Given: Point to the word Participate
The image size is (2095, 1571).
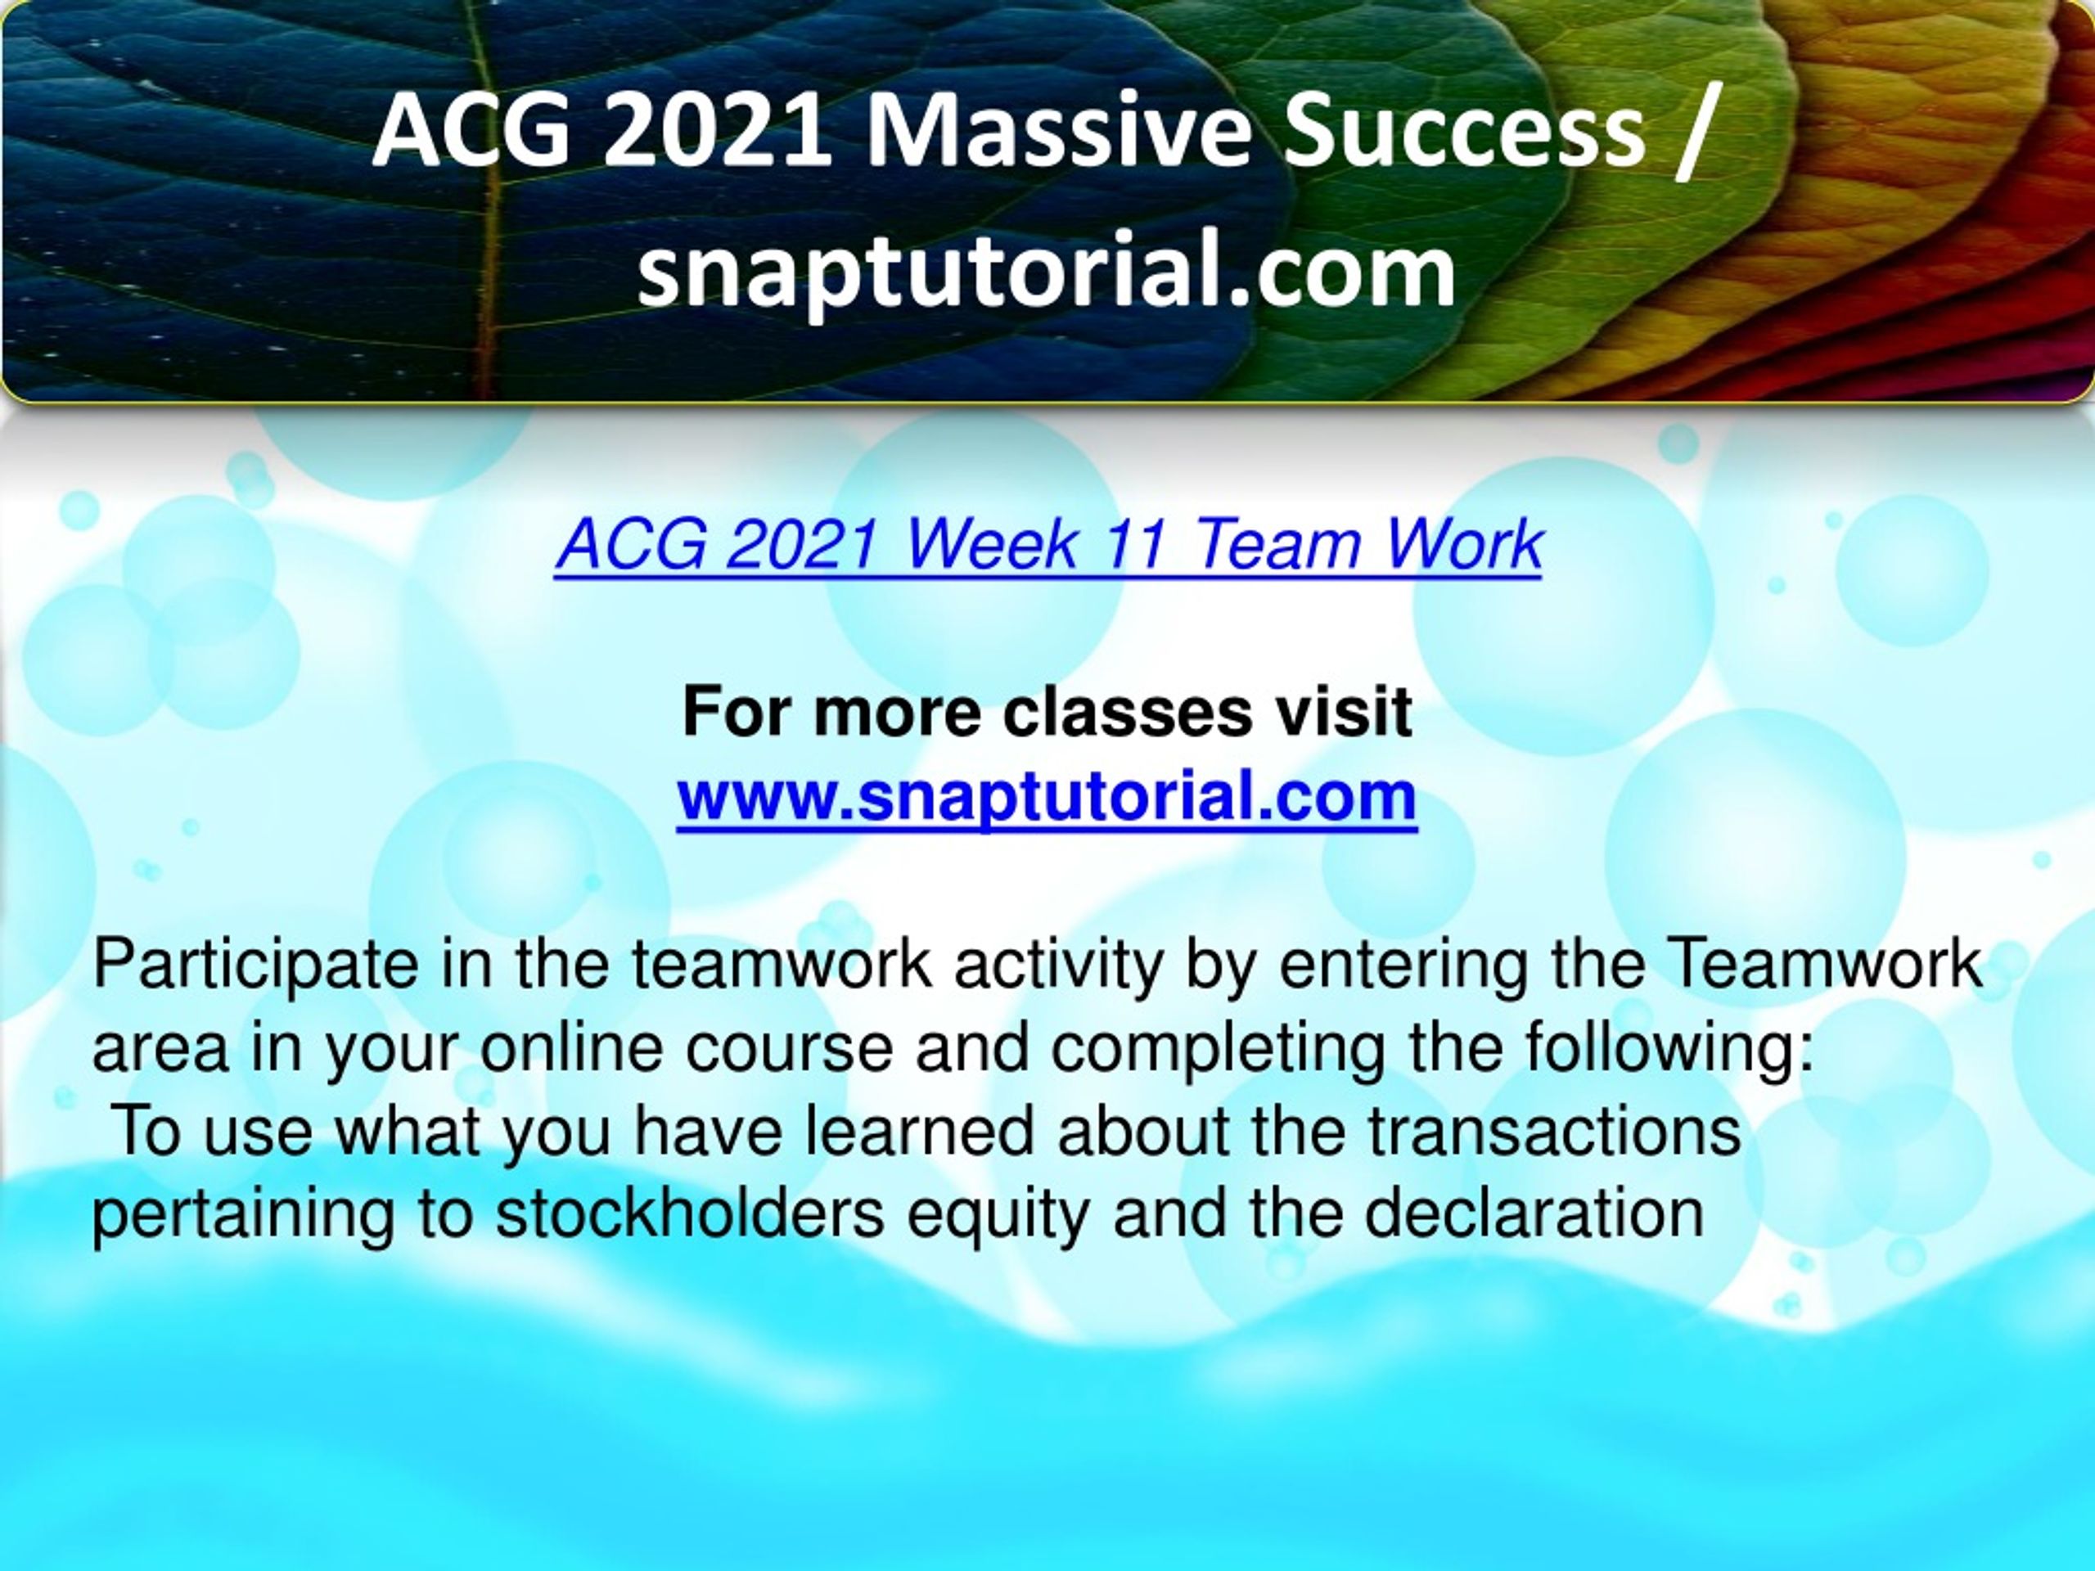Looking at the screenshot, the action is coord(255,966).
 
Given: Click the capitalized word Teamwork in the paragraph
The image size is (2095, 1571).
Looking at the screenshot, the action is coord(1823,964).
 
